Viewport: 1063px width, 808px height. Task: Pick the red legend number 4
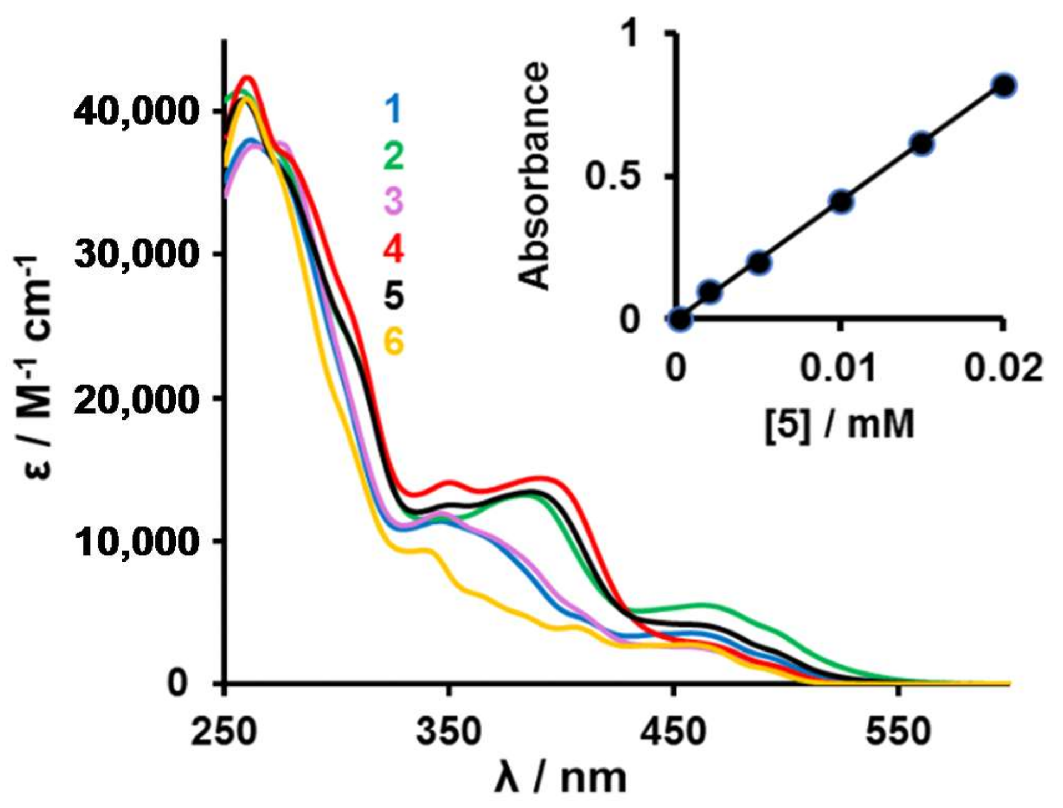(x=394, y=248)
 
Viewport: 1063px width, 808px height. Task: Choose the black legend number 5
(x=394, y=295)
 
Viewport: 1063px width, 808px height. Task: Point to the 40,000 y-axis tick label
(x=135, y=111)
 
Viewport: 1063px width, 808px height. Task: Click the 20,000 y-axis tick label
(x=135, y=399)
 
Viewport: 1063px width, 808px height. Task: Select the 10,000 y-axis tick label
(x=135, y=541)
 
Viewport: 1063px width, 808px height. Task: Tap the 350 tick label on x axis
(x=449, y=731)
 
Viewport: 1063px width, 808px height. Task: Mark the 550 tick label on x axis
(x=898, y=731)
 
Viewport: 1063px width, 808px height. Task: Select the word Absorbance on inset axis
(x=534, y=176)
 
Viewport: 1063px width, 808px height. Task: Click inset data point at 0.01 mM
(x=842, y=201)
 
